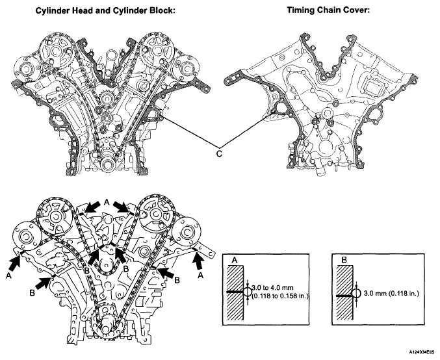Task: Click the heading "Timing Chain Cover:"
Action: (328, 10)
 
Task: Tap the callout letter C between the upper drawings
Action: (219, 154)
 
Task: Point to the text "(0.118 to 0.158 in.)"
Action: (280, 296)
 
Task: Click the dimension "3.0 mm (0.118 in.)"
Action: (391, 294)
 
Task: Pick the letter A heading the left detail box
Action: (235, 261)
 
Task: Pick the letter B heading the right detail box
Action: (344, 260)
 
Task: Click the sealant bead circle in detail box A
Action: (247, 292)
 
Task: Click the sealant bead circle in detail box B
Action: (356, 294)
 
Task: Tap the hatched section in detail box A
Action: (235, 292)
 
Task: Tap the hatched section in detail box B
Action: (344, 292)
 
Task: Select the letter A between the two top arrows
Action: (107, 202)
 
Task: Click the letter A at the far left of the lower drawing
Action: (8, 276)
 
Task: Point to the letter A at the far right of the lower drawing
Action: (200, 276)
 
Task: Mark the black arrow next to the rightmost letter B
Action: (166, 272)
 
